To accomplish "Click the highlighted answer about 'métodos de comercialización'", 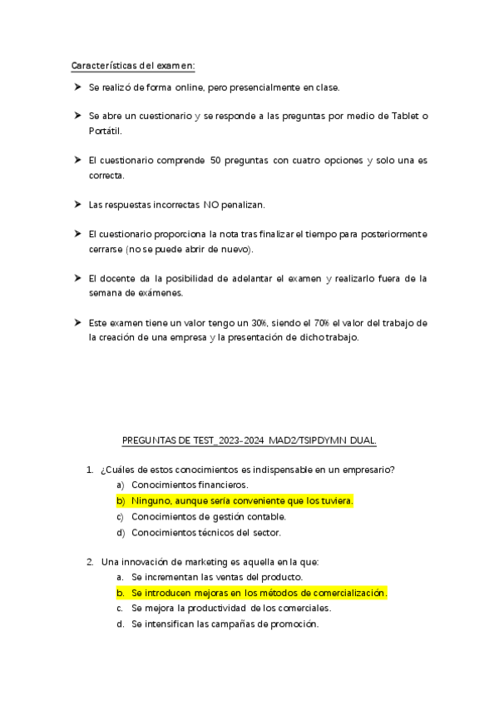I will click(x=259, y=593).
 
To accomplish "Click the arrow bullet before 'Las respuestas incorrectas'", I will click(x=76, y=204).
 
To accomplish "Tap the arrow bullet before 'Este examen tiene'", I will click(x=76, y=322).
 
